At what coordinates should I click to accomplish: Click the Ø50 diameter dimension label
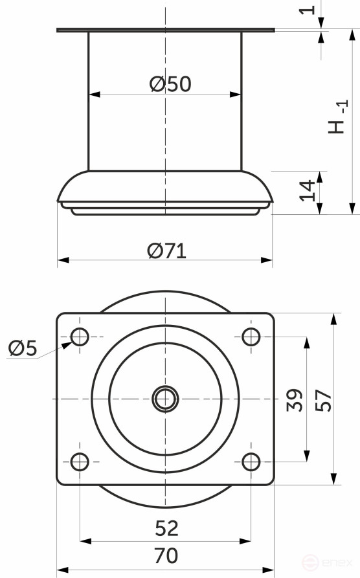coord(170,84)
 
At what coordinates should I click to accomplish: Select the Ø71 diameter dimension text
coord(166,251)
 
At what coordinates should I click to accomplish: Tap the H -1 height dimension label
coord(338,117)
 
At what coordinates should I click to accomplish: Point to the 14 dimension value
coord(309,190)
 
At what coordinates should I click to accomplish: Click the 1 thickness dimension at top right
coord(309,10)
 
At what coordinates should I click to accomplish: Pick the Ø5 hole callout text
coord(23,349)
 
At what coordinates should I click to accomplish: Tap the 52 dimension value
coord(166,529)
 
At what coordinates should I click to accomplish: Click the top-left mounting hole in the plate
coord(80,337)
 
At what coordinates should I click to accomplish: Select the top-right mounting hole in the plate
coord(251,337)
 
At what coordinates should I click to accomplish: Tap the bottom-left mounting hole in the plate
coord(80,462)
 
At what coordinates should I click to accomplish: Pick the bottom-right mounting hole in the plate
coord(251,462)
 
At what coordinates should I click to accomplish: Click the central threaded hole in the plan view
coord(165,399)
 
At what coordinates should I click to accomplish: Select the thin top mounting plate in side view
coord(165,30)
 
